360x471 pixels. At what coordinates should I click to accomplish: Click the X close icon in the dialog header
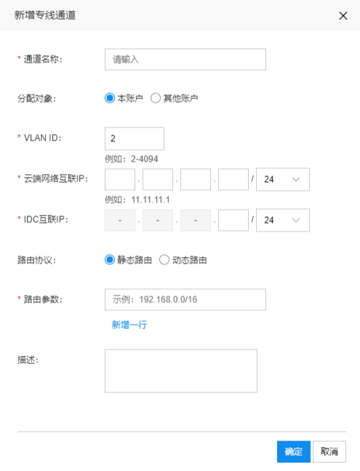(343, 15)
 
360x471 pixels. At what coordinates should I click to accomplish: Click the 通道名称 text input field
(185, 60)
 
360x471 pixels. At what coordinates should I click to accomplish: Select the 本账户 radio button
(110, 98)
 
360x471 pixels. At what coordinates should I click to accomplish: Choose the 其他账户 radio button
(156, 98)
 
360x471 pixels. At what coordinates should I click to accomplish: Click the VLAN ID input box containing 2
(135, 138)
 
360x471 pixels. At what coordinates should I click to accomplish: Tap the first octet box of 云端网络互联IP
(120, 179)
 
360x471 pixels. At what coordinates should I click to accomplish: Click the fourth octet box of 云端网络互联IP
(233, 179)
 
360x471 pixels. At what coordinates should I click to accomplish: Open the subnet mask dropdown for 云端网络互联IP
(283, 179)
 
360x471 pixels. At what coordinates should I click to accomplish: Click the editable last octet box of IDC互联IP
(233, 220)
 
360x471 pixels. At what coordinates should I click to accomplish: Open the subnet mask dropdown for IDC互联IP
(283, 220)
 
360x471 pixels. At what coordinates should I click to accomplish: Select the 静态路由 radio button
(110, 260)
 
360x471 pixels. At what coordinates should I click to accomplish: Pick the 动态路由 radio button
(164, 260)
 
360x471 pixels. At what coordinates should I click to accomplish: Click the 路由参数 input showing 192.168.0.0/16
(185, 299)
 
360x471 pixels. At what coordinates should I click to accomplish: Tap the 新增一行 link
(129, 325)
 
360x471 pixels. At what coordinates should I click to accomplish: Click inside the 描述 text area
(181, 371)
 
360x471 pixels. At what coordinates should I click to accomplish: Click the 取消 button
(329, 451)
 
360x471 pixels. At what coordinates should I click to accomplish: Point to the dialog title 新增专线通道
(45, 15)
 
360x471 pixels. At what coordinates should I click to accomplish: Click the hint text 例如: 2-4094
(132, 159)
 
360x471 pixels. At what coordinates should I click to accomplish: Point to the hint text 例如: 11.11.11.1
(137, 199)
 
